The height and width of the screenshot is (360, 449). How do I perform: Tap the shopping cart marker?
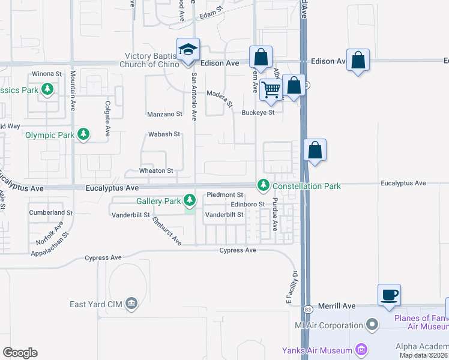271,89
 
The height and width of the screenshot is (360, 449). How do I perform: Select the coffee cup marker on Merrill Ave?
389,295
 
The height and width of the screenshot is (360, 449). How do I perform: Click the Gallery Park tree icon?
190,199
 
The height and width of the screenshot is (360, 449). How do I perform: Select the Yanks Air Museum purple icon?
361,349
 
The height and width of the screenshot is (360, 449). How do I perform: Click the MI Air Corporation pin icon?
373,325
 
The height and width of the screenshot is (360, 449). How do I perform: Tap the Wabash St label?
164,134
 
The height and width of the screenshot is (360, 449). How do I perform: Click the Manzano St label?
164,114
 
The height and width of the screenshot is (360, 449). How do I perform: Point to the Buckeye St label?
258,112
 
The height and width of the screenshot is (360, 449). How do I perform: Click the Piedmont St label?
224,195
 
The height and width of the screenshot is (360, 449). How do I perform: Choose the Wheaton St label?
156,171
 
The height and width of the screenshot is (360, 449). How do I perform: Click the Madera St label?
219,98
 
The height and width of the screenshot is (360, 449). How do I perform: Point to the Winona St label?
47,74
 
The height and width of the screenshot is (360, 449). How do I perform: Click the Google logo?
20,353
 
